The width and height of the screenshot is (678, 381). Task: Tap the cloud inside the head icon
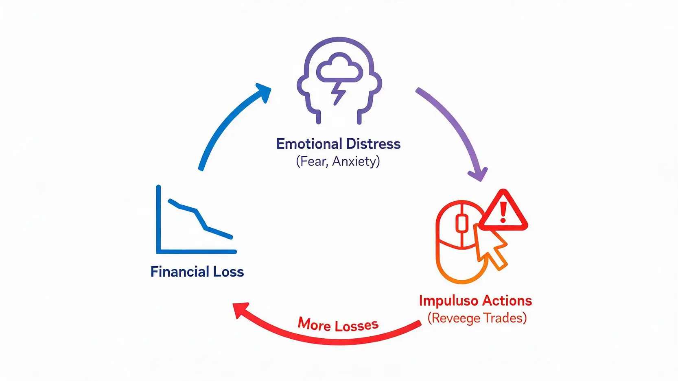pyautogui.click(x=339, y=68)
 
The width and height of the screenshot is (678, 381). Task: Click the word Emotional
pyautogui.click(x=309, y=144)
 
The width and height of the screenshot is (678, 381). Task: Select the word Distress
pyautogui.click(x=373, y=144)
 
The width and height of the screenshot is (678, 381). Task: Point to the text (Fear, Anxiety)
pyautogui.click(x=338, y=161)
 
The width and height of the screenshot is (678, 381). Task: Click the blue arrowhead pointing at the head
pyautogui.click(x=263, y=92)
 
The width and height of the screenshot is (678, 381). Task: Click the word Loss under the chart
pyautogui.click(x=229, y=272)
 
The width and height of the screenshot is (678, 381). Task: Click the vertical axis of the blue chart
pyautogui.click(x=158, y=219)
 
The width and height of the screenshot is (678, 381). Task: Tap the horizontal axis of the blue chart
pyautogui.click(x=197, y=251)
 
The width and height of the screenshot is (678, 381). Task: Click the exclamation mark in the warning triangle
pyautogui.click(x=503, y=212)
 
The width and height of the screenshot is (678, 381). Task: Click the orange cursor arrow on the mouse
pyautogui.click(x=490, y=246)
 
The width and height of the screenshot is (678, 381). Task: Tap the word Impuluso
pyautogui.click(x=448, y=301)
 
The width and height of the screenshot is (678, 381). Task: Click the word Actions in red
pyautogui.click(x=507, y=300)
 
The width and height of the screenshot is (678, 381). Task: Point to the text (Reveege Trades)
pyautogui.click(x=477, y=318)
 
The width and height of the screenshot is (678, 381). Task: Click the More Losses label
pyautogui.click(x=338, y=324)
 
